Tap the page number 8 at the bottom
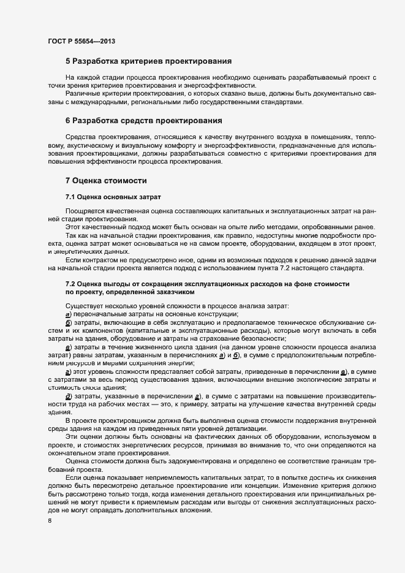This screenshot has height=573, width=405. point(50,521)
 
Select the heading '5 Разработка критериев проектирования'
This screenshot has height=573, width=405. point(148,61)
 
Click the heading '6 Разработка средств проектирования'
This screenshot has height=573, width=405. point(143,121)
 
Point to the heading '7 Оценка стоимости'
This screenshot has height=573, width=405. point(104,181)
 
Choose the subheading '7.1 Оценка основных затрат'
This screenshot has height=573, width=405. point(113,197)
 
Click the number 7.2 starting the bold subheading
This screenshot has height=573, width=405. point(71,283)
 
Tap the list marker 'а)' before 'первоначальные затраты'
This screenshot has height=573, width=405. point(69,314)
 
